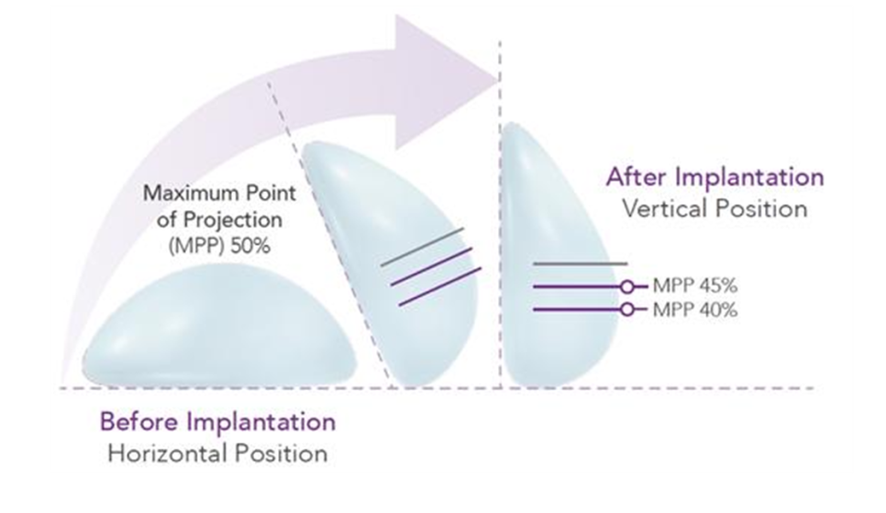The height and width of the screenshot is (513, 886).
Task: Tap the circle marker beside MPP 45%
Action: click(x=627, y=286)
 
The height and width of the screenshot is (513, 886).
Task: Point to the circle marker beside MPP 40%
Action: click(x=627, y=309)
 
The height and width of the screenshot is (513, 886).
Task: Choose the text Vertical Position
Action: click(x=714, y=207)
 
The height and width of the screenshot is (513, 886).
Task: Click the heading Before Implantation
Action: click(x=218, y=423)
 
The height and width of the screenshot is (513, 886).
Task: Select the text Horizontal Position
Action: click(x=216, y=453)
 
